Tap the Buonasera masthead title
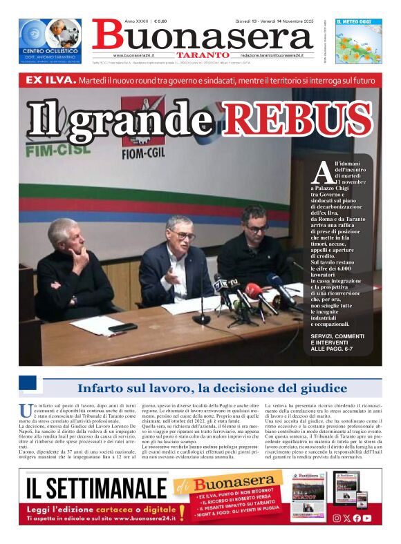pyautogui.click(x=202, y=34)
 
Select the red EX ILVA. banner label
pyautogui.click(x=50, y=81)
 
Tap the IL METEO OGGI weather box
pyautogui.click(x=358, y=42)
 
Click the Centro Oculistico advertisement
pyautogui.click(x=50, y=42)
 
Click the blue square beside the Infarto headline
pyautogui.click(x=28, y=385)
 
